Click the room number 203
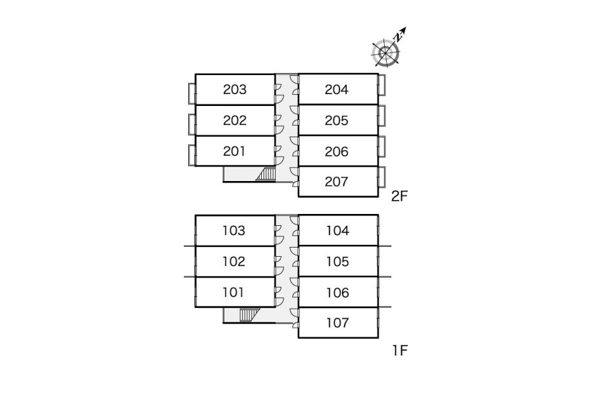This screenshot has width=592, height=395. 235,90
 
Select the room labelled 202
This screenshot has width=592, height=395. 235,120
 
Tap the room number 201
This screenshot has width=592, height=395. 235,151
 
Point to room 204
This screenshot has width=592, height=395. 337,90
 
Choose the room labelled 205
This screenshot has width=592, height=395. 337,120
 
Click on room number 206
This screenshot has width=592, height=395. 337,151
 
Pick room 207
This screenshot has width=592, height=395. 337,182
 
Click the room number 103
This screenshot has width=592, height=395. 234,230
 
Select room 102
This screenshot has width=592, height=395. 234,261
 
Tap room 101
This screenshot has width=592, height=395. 234,292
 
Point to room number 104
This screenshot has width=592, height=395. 337,230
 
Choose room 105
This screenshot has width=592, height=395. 337,261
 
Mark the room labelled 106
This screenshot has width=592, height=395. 337,292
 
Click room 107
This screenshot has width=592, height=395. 337,323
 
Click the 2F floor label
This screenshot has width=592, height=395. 400,196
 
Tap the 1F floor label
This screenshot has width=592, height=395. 400,350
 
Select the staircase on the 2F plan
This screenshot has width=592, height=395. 266,174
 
